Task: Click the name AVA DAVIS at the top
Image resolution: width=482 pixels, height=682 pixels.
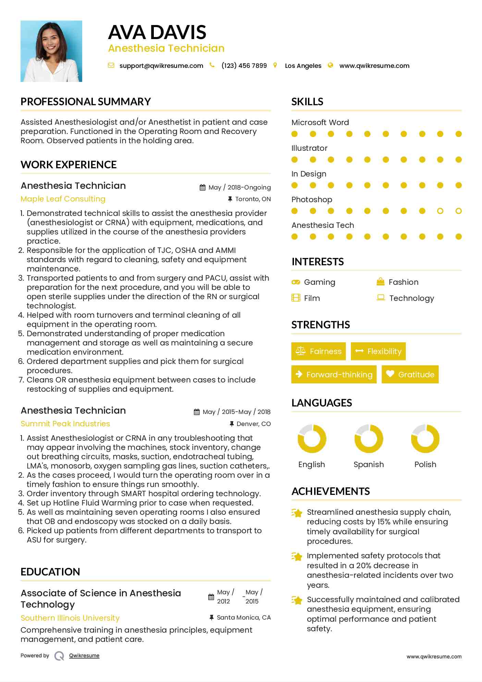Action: coord(157,32)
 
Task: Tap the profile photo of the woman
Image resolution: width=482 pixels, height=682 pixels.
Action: coord(51,51)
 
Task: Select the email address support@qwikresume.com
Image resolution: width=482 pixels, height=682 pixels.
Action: coord(161,66)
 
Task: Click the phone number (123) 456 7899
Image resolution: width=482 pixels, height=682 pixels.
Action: coord(244,66)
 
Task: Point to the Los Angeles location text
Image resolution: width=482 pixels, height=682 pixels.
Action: coord(303,66)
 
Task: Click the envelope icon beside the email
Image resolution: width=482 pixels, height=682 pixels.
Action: coord(111,65)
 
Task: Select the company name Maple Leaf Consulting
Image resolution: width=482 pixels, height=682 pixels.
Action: coord(63,199)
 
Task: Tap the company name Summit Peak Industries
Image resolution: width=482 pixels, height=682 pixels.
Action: coord(65,424)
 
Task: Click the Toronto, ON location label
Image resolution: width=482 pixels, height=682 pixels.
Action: coord(253,199)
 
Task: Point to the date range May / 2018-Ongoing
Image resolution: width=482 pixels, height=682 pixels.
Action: coord(239,187)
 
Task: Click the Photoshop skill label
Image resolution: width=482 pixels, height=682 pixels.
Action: coord(312,199)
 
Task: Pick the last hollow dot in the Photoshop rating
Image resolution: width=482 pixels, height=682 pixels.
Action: coord(459,211)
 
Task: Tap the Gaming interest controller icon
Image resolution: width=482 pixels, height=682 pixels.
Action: coord(295,282)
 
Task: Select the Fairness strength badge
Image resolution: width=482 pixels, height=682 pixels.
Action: coord(318,351)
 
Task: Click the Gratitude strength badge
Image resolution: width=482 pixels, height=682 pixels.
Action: coord(410,375)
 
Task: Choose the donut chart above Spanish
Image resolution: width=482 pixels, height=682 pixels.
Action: coord(369,439)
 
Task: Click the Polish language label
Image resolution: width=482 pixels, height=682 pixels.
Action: coord(425,465)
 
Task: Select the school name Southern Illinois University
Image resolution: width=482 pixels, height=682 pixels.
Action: coord(70,618)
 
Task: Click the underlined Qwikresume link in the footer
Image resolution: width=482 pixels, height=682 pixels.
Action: coord(84,656)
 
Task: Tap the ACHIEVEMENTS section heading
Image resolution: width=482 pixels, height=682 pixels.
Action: coord(331,491)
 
